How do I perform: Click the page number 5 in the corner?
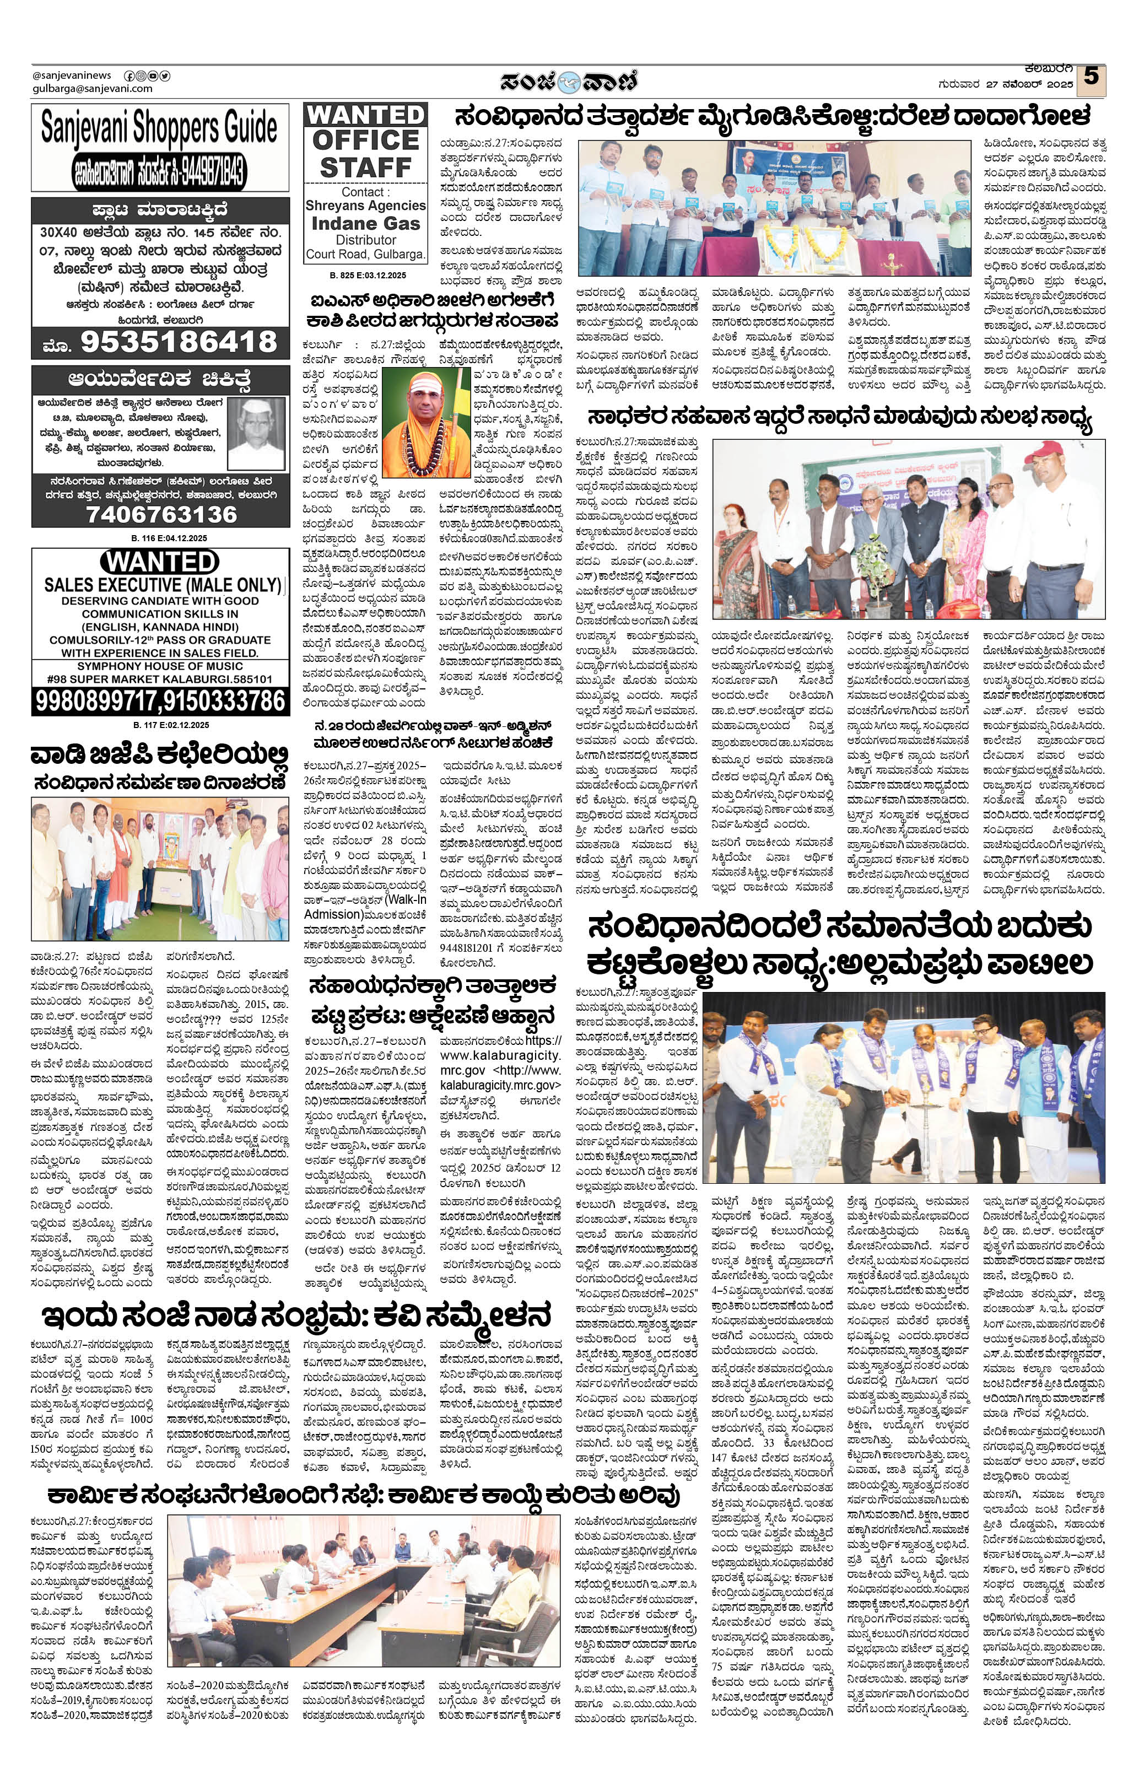[1091, 77]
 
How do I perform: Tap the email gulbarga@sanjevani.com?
[92, 89]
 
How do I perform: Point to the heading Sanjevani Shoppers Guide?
[159, 127]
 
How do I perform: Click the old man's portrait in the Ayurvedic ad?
[255, 432]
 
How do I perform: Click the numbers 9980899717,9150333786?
[160, 701]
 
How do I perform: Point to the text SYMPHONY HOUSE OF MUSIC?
[160, 666]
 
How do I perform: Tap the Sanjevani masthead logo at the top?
[569, 80]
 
